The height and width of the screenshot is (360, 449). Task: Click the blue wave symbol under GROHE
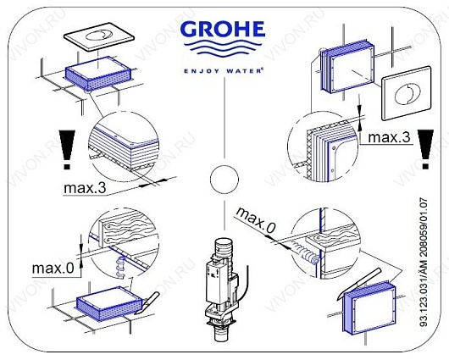(223, 53)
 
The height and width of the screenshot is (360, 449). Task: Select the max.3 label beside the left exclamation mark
(87, 186)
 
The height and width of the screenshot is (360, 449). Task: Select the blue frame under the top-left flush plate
(97, 67)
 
